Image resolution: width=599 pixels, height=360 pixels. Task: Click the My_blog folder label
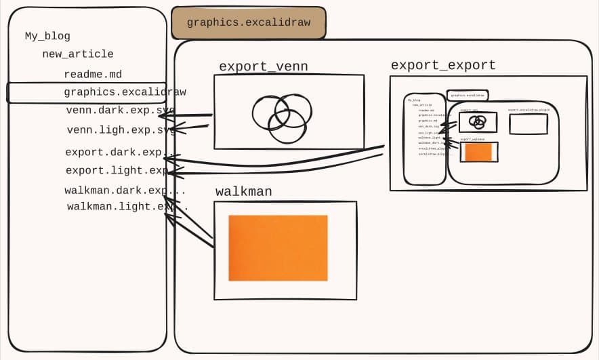tap(47, 37)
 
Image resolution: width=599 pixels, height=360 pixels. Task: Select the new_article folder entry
tap(77, 54)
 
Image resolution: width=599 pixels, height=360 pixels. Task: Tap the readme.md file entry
tap(93, 75)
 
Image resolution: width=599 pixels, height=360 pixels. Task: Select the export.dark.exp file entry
tap(114, 153)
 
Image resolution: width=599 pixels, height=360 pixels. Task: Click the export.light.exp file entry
tap(115, 171)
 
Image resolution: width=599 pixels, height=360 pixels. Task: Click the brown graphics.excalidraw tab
tap(248, 22)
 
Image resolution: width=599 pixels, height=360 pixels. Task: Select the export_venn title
tap(263, 66)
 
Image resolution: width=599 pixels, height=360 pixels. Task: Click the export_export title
tap(443, 65)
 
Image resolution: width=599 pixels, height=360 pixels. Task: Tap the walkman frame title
tap(243, 192)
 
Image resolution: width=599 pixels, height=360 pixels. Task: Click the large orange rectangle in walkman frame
tap(278, 247)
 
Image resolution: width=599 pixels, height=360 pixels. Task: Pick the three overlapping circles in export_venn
tap(282, 117)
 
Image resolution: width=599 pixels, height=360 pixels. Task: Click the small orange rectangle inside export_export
tap(478, 153)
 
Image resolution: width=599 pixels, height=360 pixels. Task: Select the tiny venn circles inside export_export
tap(478, 122)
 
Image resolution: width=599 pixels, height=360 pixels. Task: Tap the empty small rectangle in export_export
tap(528, 124)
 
